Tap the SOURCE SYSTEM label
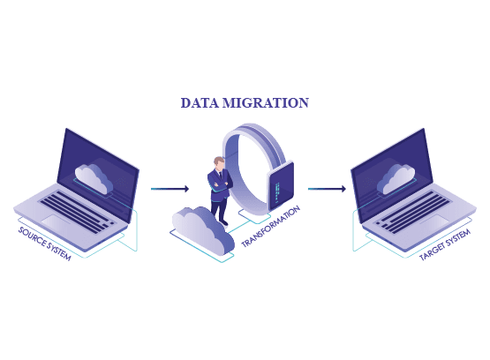(45, 244)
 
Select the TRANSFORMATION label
(271, 227)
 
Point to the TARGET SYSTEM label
(445, 244)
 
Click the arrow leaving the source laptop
(170, 189)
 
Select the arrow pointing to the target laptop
(327, 189)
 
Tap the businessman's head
(219, 163)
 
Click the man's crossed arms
(221, 184)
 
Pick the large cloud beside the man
(203, 229)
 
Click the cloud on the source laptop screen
(94, 178)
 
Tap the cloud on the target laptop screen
(396, 179)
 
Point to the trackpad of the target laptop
(434, 222)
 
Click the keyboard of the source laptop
(78, 212)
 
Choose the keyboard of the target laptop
(412, 212)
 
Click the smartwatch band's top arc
(250, 131)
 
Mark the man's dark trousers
(219, 209)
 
